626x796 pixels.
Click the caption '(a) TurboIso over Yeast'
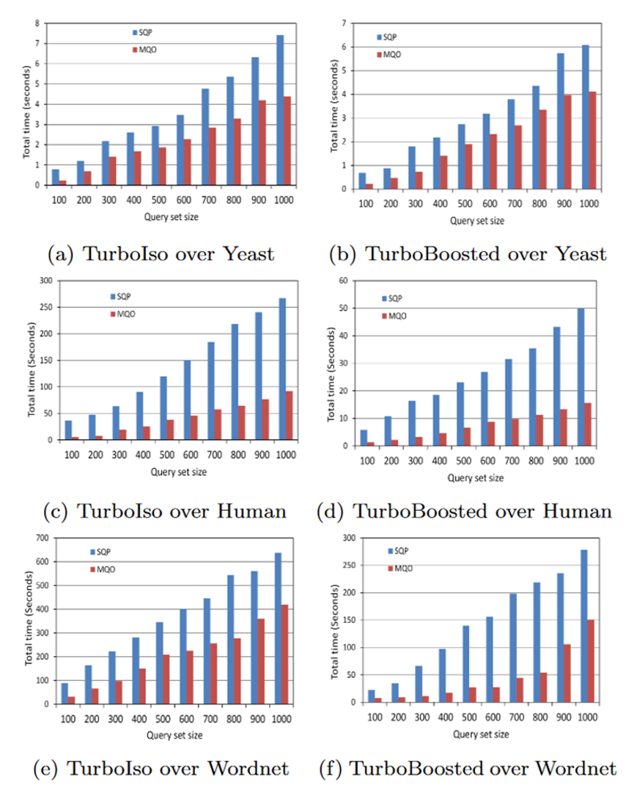tap(161, 254)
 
